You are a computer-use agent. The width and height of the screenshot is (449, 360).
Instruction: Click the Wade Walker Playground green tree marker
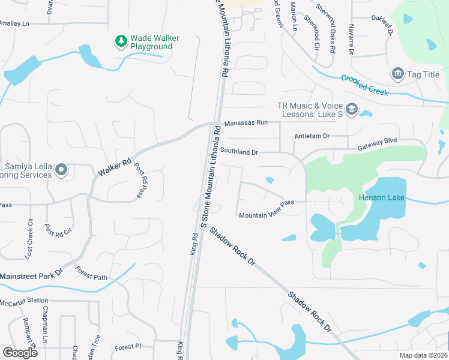coord(121,41)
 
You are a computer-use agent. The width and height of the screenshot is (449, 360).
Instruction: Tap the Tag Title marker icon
coord(397,74)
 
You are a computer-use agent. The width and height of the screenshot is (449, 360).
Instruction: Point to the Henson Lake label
coord(382,198)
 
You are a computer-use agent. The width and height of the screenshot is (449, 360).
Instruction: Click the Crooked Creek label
coord(364,85)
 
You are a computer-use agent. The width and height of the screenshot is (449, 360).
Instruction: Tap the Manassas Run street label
coord(246,123)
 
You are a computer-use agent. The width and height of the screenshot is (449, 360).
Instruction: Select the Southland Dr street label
coord(239,152)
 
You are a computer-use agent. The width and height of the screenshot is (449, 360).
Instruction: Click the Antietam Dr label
coord(312,136)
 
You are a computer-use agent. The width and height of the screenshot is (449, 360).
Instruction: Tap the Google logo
coord(20,352)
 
